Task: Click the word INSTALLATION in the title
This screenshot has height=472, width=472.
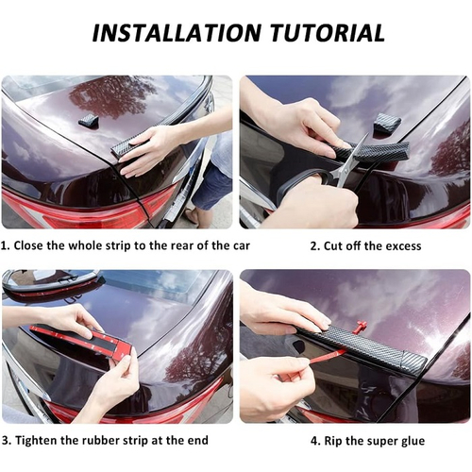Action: click(x=177, y=32)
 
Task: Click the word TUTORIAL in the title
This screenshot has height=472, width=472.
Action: click(x=328, y=32)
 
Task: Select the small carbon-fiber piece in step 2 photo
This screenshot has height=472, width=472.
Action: click(x=387, y=123)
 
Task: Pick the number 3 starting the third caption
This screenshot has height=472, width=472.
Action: click(x=7, y=440)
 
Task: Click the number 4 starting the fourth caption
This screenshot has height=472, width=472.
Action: click(x=315, y=441)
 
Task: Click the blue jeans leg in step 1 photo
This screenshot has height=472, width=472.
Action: click(x=211, y=186)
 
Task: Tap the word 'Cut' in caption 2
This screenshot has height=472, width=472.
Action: click(x=333, y=246)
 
